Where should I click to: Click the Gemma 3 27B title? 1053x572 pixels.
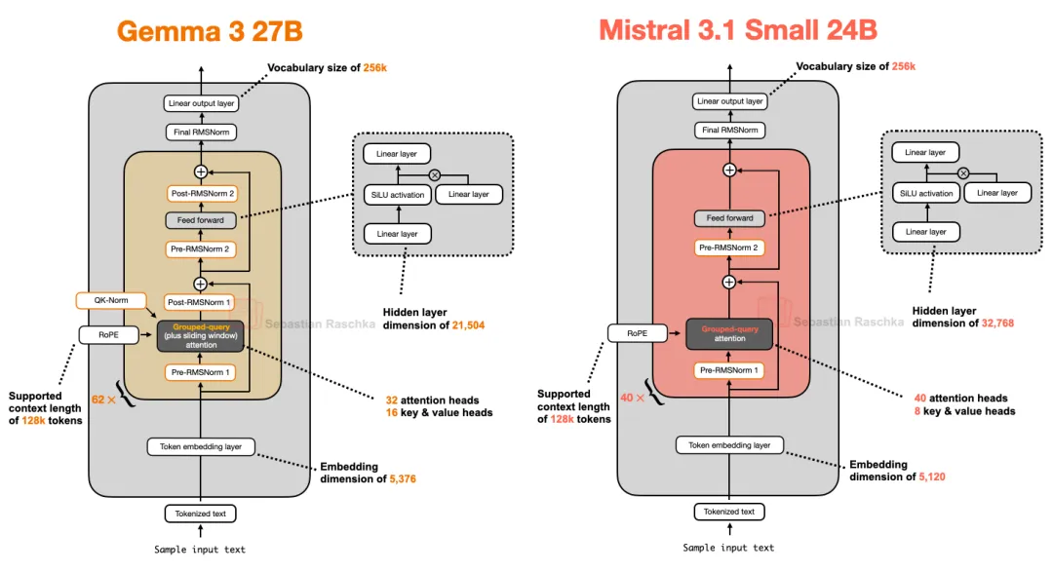coord(210,30)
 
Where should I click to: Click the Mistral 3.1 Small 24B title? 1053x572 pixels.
coord(738,30)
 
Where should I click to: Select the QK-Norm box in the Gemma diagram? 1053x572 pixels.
coord(111,300)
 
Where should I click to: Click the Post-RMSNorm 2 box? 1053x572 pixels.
coord(200,194)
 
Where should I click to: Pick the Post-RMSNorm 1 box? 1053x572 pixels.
coord(200,303)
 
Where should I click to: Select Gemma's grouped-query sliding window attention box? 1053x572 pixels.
coord(201,335)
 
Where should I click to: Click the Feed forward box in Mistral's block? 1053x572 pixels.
coord(729,218)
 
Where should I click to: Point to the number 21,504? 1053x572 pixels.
coord(466,324)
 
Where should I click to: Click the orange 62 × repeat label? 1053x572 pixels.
coord(104,400)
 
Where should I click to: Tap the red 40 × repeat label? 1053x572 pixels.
coord(634,398)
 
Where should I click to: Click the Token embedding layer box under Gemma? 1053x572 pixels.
coord(201,447)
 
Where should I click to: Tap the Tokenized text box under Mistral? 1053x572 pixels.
coord(729,512)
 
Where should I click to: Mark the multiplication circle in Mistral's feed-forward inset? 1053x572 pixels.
coord(962,172)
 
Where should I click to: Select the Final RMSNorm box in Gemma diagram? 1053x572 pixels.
coord(200,132)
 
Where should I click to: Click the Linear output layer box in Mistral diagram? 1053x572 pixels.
coord(729,101)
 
